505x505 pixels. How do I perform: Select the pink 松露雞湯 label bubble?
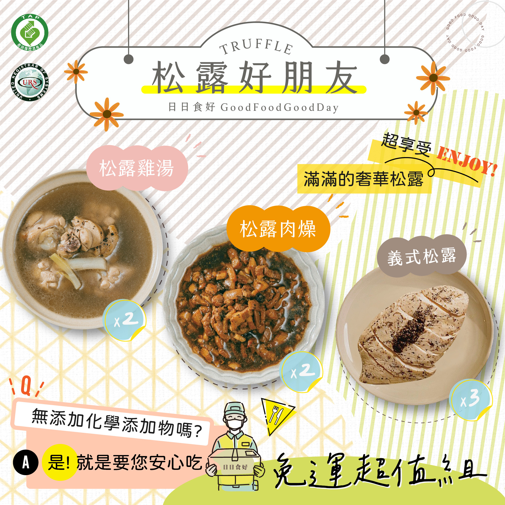[x=136, y=168]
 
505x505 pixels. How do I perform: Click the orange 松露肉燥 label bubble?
[x=278, y=229]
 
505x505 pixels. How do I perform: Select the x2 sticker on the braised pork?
[x=301, y=371]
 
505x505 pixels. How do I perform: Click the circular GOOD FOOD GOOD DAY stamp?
[x=465, y=33]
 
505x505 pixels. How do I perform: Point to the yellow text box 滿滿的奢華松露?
[x=364, y=179]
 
